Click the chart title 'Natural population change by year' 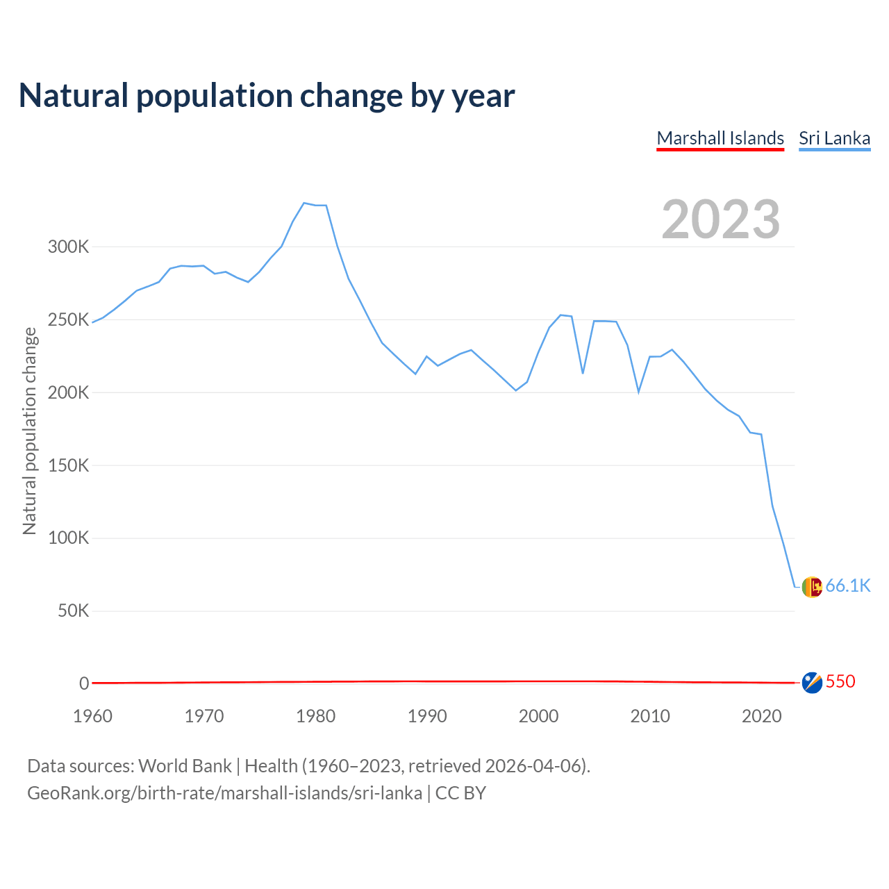[267, 96]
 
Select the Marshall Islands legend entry [720, 138]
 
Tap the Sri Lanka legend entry [834, 138]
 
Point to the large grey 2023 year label [720, 219]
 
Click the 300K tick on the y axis [68, 247]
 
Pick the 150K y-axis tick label [68, 465]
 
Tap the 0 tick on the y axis [84, 683]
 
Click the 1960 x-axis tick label [92, 716]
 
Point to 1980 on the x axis [315, 716]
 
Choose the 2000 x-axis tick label [538, 716]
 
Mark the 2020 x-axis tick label [761, 716]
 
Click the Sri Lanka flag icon [811, 587]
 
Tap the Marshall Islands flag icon [811, 683]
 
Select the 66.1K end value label [848, 586]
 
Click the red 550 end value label [840, 682]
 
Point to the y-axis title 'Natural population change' [30, 431]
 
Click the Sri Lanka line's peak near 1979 [304, 203]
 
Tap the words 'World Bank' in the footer [185, 766]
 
